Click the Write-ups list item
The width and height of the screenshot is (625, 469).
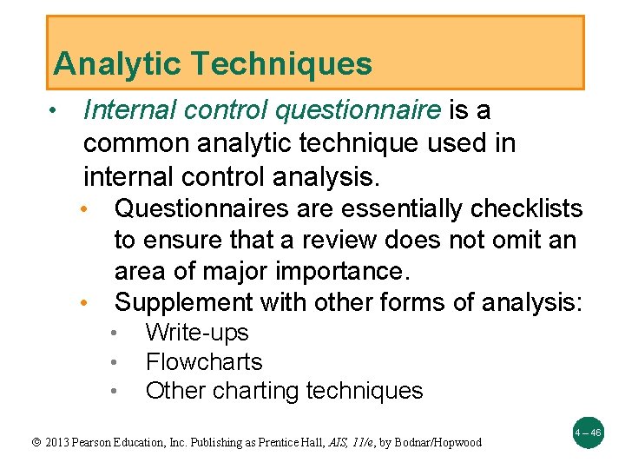(197, 333)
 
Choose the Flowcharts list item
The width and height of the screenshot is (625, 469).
(204, 361)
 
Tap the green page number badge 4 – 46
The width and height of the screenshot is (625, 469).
(587, 432)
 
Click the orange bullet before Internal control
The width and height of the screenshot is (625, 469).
(54, 111)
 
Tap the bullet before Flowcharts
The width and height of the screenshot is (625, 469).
(115, 362)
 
